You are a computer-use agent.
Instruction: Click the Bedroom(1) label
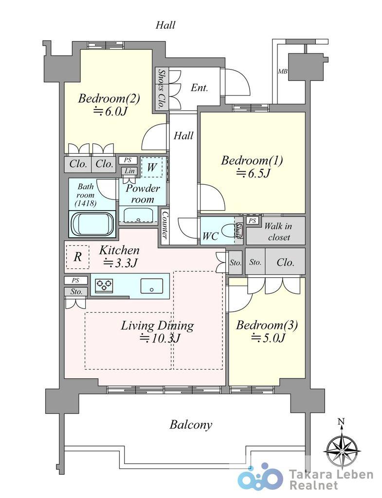coord(252,160)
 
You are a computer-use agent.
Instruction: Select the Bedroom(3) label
coord(267,325)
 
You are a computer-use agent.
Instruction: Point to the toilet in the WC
coord(230,231)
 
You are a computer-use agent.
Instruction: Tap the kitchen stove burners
coord(105,284)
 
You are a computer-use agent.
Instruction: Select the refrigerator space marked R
coord(77,257)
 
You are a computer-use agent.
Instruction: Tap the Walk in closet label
coord(278,231)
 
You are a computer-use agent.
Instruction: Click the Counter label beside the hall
coord(164,225)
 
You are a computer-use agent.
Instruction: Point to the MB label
coord(283,71)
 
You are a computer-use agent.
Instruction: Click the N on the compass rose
coord(341,422)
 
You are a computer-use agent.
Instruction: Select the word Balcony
coord(191,425)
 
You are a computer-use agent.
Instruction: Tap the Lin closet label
coord(129,171)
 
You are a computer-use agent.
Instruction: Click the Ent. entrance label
coord(199,88)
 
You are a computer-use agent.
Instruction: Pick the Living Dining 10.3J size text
coord(160,338)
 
